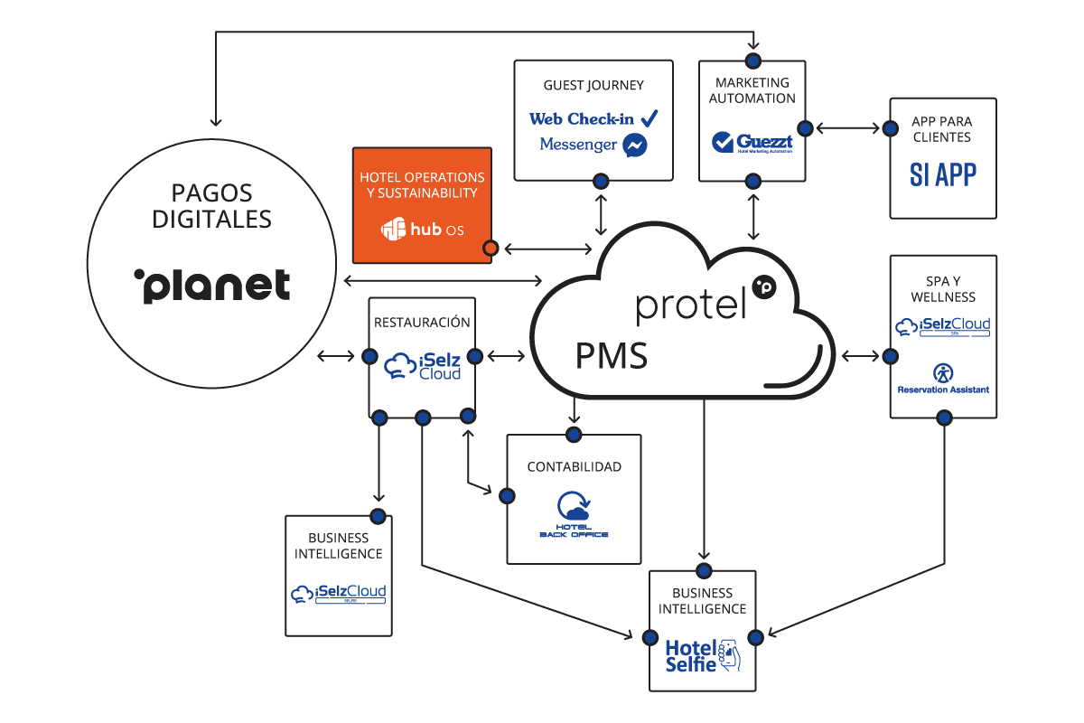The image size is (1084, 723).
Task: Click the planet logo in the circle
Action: (x=211, y=285)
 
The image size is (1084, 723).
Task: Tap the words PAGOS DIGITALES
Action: (x=212, y=205)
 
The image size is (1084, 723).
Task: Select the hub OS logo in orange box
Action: (x=423, y=230)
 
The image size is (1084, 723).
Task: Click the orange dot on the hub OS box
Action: (x=491, y=247)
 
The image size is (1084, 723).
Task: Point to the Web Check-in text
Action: (x=582, y=118)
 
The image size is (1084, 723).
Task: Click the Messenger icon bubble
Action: (x=635, y=146)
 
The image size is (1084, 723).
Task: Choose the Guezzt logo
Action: (x=752, y=142)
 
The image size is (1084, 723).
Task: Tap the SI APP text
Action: (x=942, y=174)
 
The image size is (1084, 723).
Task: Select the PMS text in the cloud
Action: (x=612, y=356)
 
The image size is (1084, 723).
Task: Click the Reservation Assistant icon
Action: (x=942, y=371)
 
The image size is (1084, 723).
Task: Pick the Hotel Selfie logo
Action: (x=702, y=655)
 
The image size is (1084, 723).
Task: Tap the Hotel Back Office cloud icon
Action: (x=573, y=505)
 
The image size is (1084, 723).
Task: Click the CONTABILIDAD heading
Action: (x=574, y=466)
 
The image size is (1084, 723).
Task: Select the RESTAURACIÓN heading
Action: (x=422, y=322)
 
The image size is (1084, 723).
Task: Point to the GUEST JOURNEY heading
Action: (x=593, y=85)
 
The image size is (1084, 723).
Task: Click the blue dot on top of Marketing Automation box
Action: (x=752, y=61)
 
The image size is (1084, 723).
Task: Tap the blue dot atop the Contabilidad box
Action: (x=574, y=435)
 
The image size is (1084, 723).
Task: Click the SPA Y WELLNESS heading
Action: (x=943, y=287)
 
